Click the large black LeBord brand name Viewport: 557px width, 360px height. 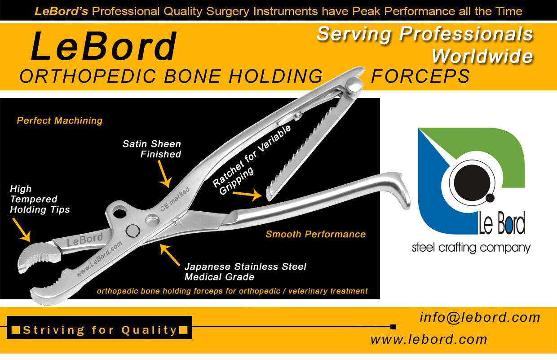point(104,46)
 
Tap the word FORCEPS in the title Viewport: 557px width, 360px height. point(420,76)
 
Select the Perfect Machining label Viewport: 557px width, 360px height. point(60,120)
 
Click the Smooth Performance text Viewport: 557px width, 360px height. point(315,234)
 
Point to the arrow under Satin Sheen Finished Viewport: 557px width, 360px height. point(164,174)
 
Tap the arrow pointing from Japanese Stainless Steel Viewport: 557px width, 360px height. point(170,255)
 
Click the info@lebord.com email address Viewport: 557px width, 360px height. point(480,318)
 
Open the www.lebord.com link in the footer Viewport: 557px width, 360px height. point(429,339)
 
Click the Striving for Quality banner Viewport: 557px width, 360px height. point(99,327)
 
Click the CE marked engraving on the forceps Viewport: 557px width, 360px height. point(175,199)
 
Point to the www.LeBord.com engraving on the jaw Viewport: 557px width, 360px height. point(99,259)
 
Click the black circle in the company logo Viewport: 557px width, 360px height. point(472,183)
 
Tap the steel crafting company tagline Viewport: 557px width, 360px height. point(471,248)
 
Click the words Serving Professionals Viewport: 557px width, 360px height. point(425,35)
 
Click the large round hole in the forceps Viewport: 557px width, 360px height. point(119,213)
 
